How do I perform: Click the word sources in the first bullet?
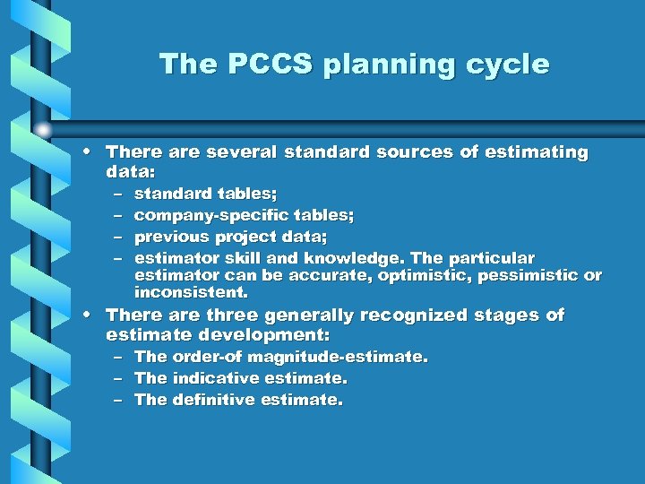(x=415, y=152)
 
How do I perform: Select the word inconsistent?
(x=190, y=293)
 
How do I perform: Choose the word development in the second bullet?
(x=268, y=335)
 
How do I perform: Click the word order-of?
(x=202, y=357)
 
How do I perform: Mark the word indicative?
(x=211, y=378)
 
